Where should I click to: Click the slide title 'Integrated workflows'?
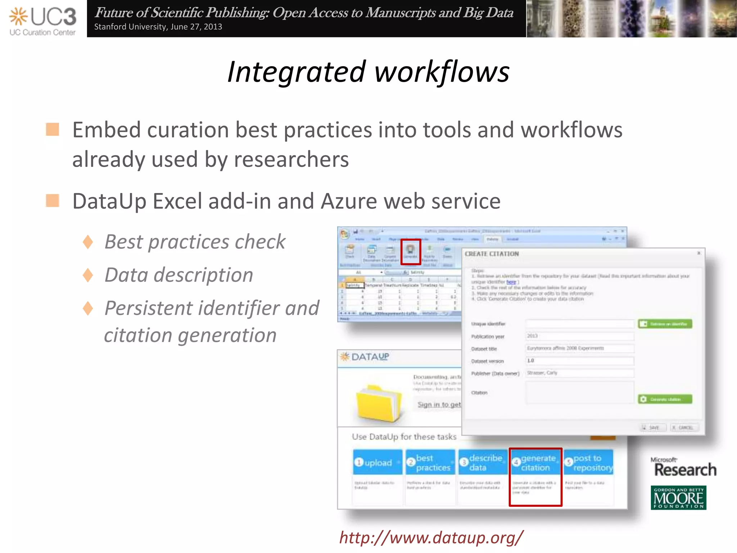pos(368,72)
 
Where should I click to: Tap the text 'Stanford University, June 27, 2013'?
pos(158,27)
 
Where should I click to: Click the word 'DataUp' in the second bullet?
pos(109,201)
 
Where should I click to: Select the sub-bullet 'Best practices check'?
pos(195,242)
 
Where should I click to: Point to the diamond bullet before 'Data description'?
pos(88,275)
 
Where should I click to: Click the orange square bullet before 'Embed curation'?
pos(53,130)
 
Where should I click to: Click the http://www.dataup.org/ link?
pos(431,538)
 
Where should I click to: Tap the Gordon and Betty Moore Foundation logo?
pos(678,498)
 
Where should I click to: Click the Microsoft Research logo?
pos(683,467)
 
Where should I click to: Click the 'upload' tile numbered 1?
pos(377,462)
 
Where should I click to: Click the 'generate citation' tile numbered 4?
pos(535,463)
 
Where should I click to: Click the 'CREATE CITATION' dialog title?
pos(492,254)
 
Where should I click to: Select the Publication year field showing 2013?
pos(579,336)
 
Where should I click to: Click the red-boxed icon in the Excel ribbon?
pos(411,251)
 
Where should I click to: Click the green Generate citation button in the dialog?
pos(665,399)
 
